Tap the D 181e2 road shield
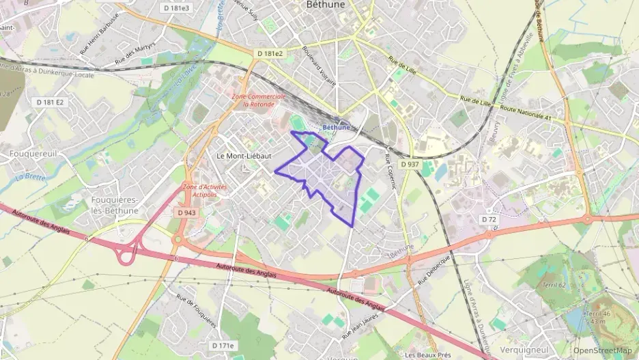tap(270, 53)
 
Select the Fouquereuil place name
tap(27, 154)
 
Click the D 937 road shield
tap(410, 165)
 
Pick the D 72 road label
tap(487, 219)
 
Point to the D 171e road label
tap(223, 346)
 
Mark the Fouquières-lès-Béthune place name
tap(115, 205)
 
